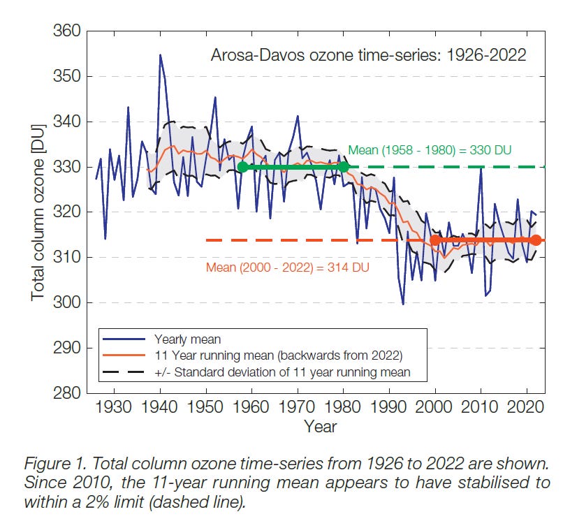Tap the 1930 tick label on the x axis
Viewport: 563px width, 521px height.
point(115,407)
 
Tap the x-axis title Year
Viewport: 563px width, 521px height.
point(321,426)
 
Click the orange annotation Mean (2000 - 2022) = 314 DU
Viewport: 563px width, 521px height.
point(287,267)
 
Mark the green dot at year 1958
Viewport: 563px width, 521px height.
point(242,167)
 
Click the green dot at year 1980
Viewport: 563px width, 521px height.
point(343,167)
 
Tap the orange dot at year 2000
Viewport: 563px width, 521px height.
point(434,240)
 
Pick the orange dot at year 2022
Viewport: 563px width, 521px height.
point(535,240)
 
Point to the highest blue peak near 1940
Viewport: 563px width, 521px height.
point(160,54)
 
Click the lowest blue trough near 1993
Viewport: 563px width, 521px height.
point(403,304)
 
